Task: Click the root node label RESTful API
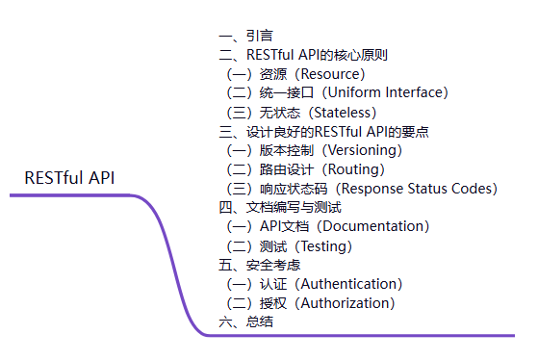pos(69,178)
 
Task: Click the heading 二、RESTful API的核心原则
pos(303,55)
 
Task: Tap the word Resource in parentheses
pos(327,74)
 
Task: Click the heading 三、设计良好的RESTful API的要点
pos(323,131)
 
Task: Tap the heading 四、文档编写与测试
pos(280,207)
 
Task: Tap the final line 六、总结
pos(245,321)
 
